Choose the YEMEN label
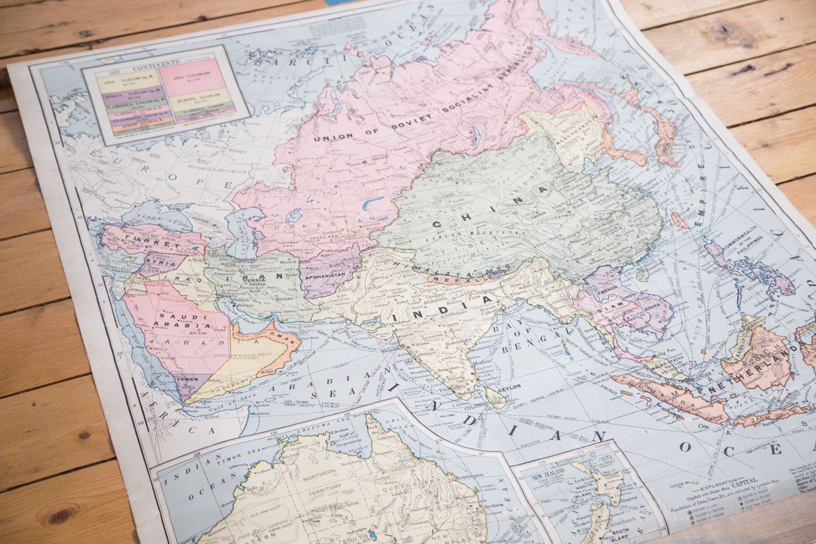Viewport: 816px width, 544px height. [x=187, y=380]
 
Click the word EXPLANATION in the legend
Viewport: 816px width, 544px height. [x=718, y=481]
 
